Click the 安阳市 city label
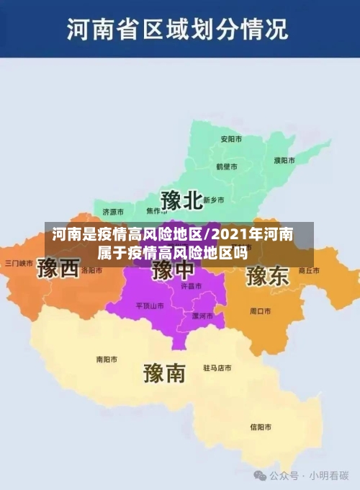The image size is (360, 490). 230,138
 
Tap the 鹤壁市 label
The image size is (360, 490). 227,166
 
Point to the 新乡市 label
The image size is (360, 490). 213,200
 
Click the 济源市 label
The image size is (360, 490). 113,212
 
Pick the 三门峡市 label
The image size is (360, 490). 19,262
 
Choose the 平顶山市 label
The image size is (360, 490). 150,306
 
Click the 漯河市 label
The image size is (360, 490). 202,316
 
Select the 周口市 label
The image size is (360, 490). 260,311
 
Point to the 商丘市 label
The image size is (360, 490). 308,271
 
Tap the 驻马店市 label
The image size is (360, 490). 217,367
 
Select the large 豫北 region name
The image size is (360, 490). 181,200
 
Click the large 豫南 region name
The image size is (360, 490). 164,372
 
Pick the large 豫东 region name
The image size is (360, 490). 267,276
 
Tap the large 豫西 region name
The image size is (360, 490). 58,269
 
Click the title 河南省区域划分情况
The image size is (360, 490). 177,30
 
